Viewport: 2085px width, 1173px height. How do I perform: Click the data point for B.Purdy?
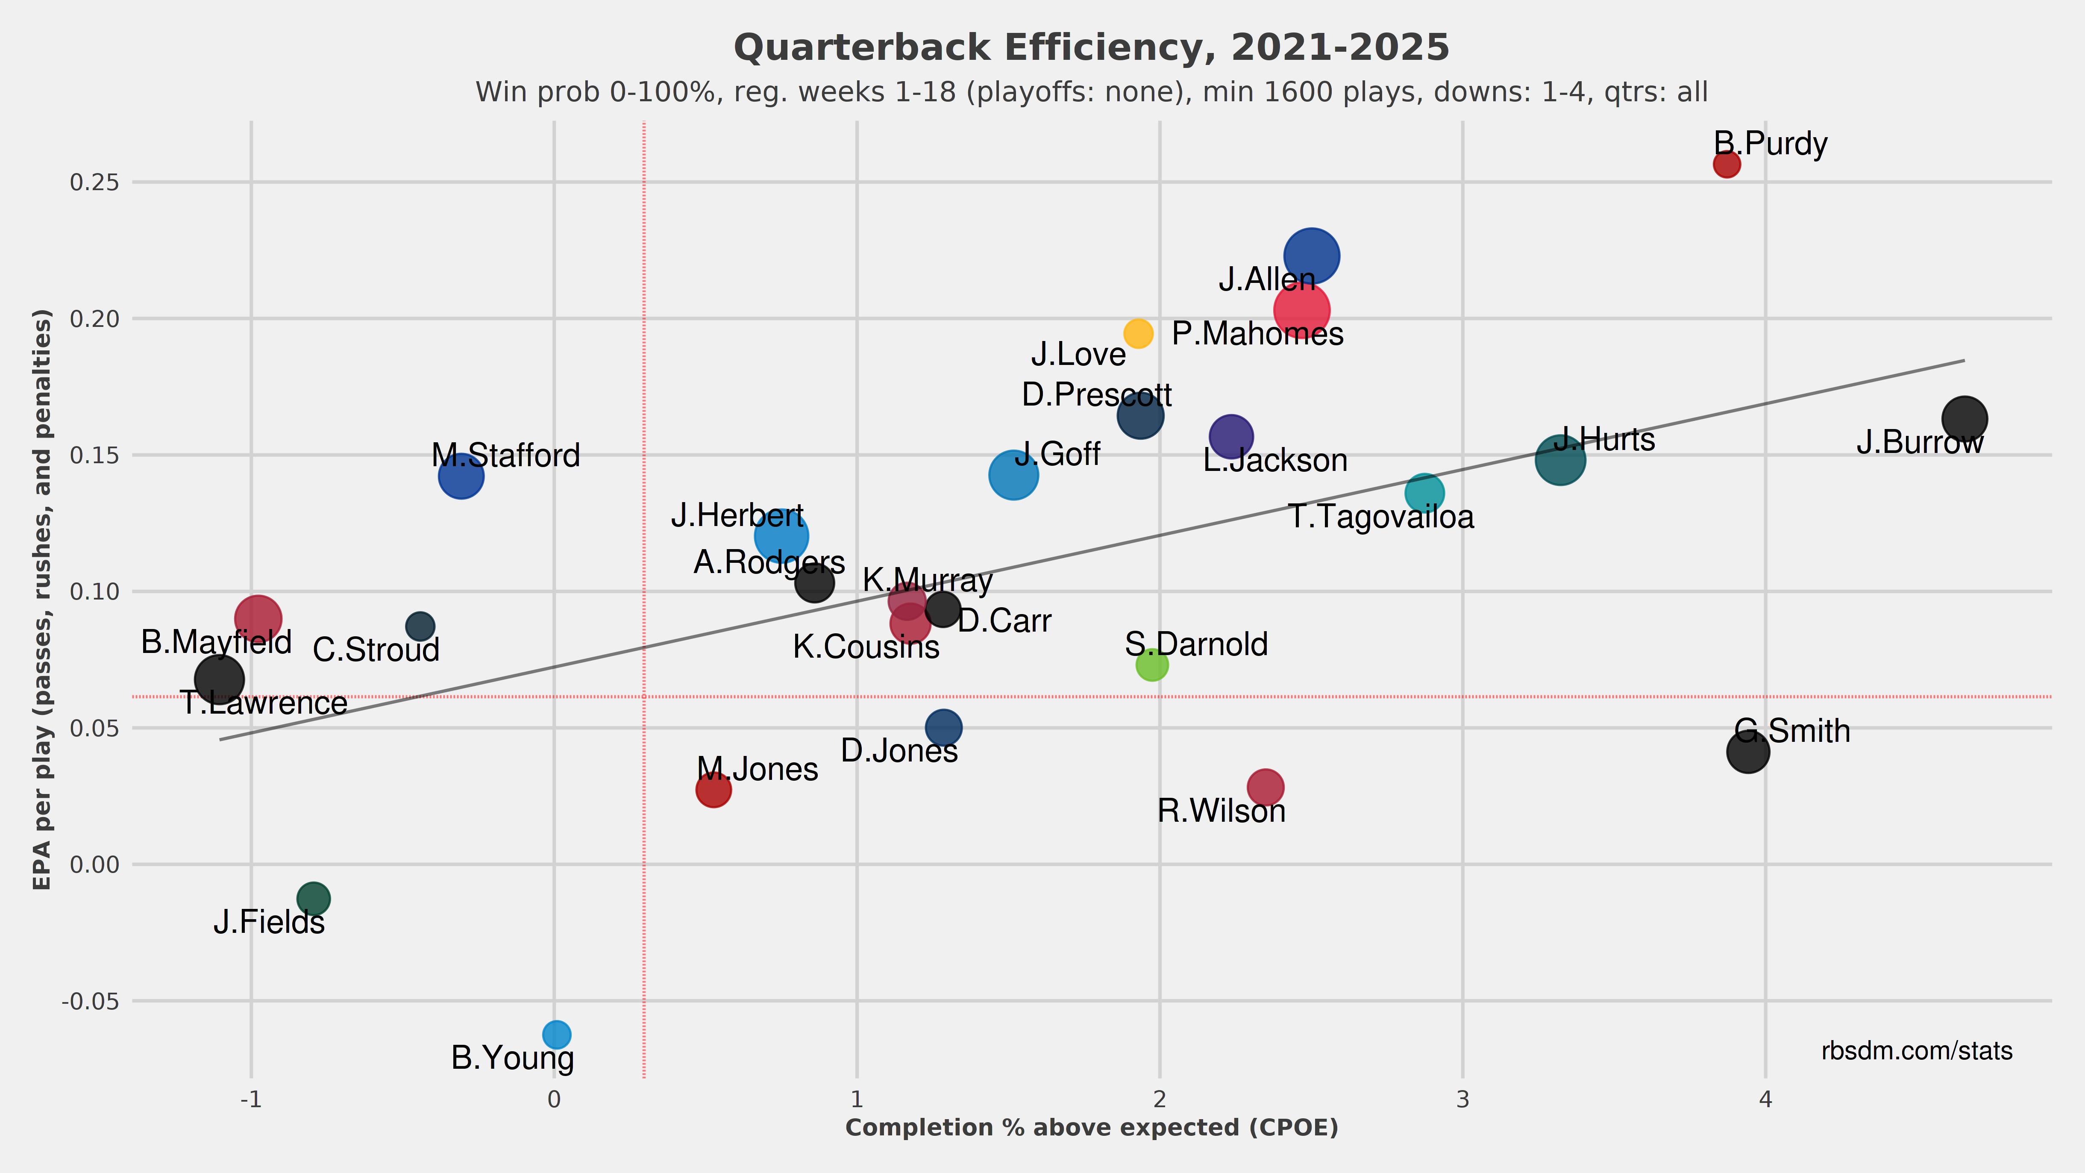1727,165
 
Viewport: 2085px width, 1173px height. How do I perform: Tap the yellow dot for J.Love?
1138,333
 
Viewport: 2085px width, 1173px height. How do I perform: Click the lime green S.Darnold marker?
1152,664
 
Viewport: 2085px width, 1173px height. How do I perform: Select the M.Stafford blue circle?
461,476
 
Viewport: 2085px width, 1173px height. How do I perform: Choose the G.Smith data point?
1747,751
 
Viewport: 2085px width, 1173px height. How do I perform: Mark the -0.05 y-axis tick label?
91,1001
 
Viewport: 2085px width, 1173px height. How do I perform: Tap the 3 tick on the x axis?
1462,1100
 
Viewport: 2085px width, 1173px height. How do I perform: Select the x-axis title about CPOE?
1091,1128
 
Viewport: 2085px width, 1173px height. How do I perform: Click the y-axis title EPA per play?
42,599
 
